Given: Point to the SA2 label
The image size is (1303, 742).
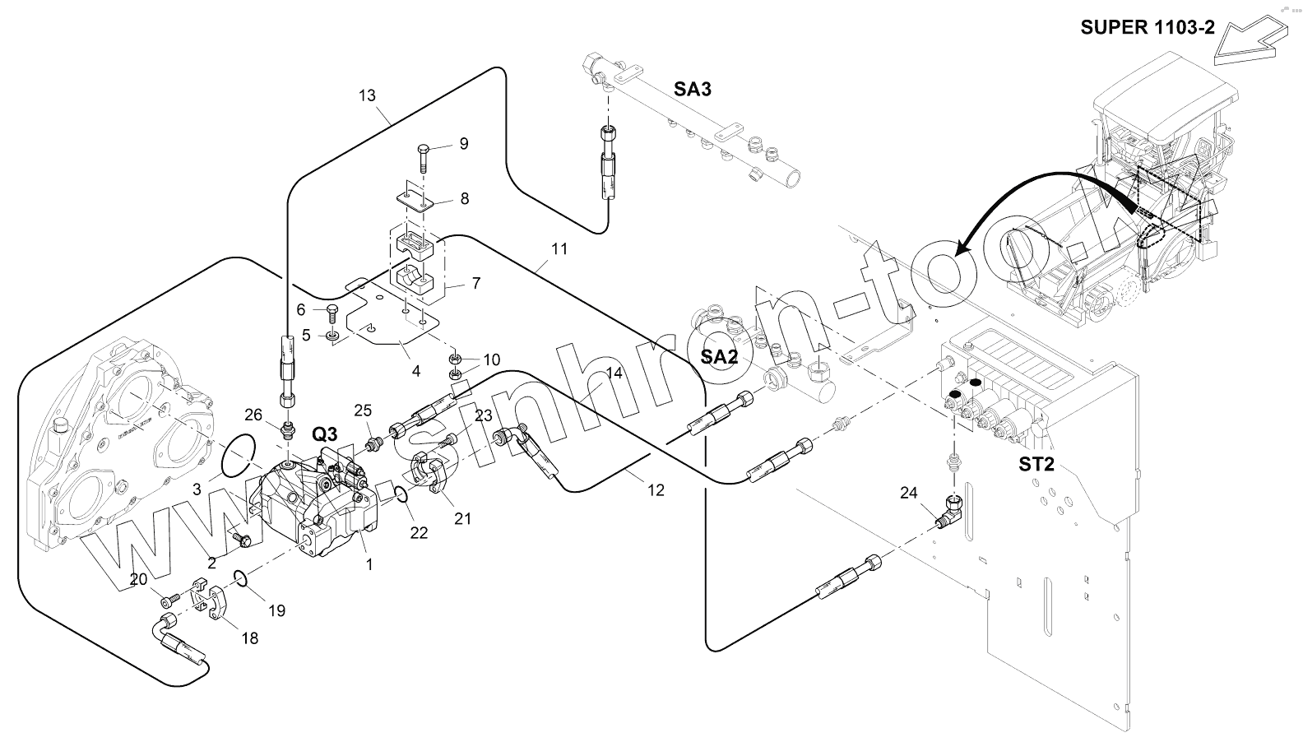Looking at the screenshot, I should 719,357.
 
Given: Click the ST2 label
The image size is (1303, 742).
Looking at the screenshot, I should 1036,464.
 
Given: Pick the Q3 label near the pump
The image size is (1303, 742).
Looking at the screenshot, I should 325,434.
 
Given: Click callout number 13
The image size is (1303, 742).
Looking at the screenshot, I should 367,95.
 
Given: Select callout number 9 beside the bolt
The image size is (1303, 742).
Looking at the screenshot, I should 464,144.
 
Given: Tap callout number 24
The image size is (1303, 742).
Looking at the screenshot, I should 908,494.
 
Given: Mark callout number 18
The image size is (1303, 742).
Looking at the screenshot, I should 249,638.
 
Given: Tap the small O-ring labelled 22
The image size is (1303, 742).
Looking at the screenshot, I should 397,494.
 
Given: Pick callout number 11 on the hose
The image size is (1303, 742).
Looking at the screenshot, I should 559,248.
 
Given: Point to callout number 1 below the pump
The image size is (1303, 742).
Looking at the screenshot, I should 369,564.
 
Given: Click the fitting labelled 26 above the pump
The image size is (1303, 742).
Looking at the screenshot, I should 289,429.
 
